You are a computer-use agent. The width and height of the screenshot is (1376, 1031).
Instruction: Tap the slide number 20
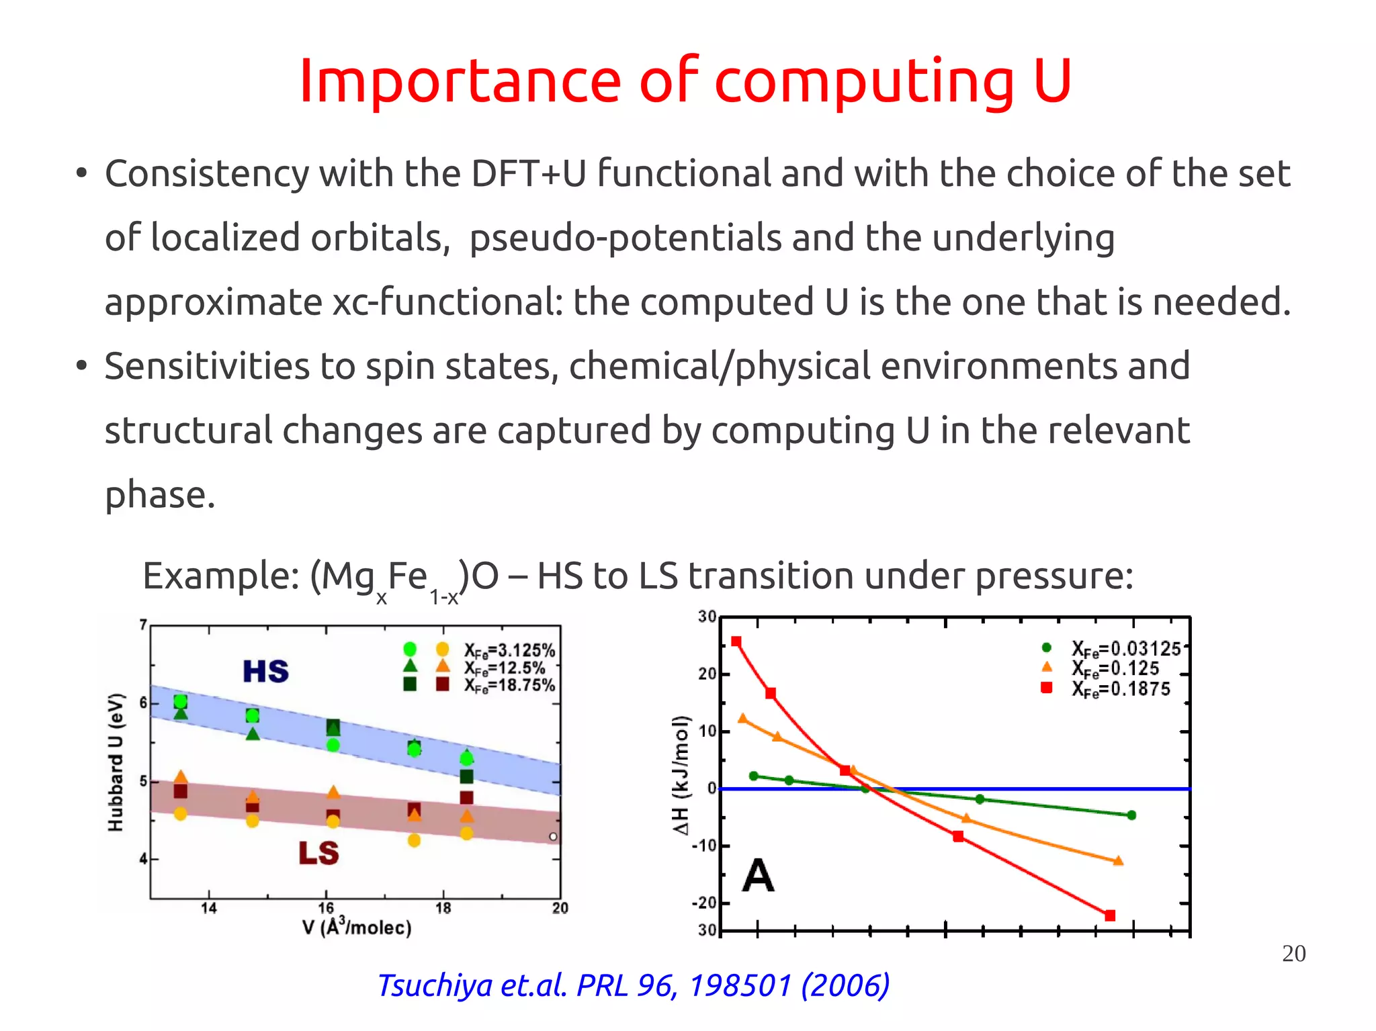pos(1293,954)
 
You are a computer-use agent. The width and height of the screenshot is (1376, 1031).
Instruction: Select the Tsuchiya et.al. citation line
pos(634,985)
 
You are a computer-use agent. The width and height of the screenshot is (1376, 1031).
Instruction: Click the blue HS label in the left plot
pos(266,671)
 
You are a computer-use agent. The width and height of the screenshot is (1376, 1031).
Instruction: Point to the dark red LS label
pos(318,853)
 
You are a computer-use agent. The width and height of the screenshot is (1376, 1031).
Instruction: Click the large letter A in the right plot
pos(758,876)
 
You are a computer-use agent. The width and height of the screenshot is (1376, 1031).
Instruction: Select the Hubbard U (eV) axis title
pos(116,762)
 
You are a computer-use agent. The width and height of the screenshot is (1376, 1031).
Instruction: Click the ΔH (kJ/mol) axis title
pos(681,775)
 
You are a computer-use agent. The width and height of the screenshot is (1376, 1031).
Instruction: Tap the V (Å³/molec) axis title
pos(357,927)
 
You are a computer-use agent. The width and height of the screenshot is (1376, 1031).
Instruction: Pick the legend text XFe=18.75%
pos(509,686)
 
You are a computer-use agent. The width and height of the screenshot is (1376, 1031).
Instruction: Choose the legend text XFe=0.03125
pos(1126,649)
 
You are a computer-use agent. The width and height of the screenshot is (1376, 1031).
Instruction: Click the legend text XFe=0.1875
pos(1121,689)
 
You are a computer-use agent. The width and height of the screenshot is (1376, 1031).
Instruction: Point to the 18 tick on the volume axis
pos(443,909)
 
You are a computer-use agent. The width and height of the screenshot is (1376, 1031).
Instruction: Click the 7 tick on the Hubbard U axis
pos(143,625)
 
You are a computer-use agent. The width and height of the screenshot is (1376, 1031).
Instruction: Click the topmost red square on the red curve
pos(736,641)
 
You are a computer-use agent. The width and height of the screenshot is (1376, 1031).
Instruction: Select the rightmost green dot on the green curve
pos(1131,815)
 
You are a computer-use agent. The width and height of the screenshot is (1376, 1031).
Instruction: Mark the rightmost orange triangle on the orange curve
pos(1118,860)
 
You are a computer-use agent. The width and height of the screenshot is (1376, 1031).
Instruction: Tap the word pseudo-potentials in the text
pos(625,238)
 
